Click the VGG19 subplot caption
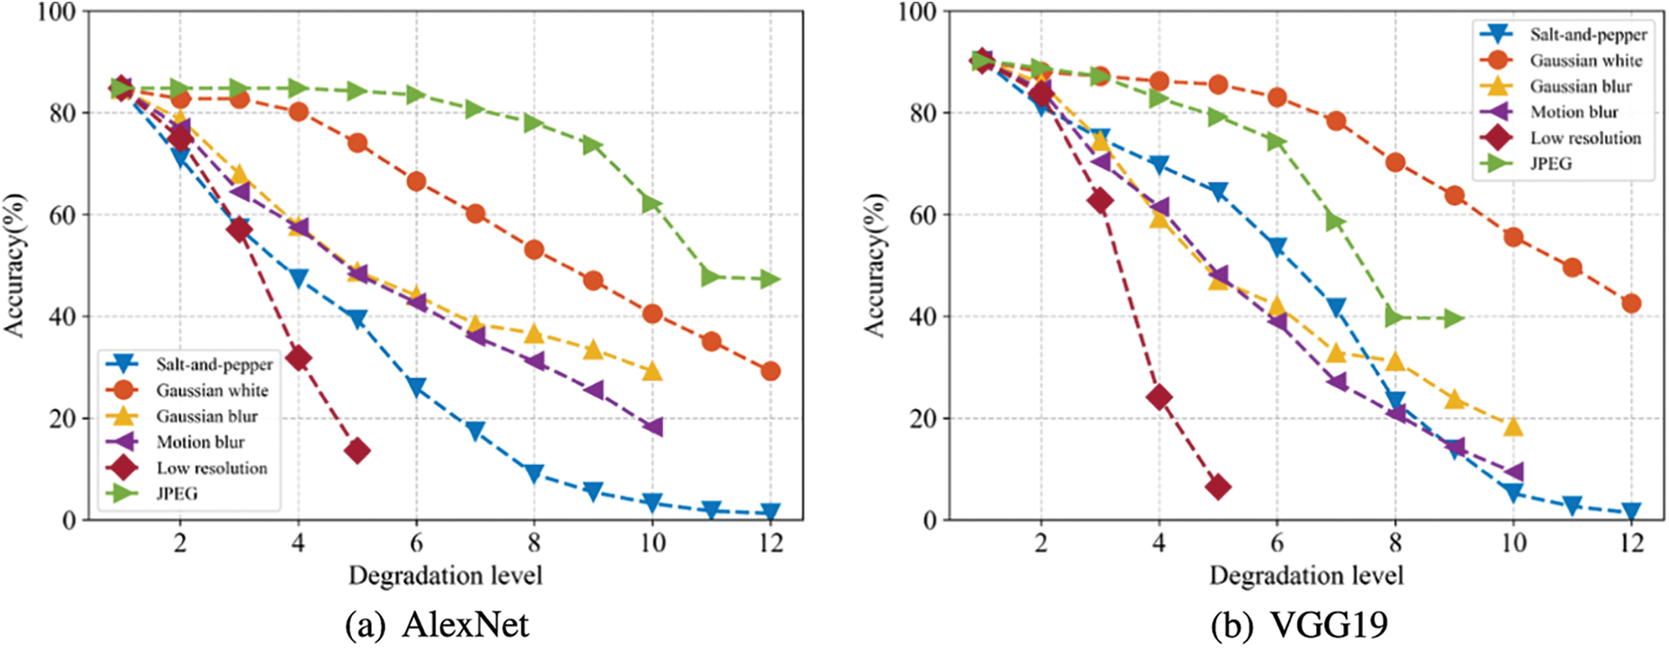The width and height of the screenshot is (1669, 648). (1298, 625)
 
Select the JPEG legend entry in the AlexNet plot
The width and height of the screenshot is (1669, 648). (177, 494)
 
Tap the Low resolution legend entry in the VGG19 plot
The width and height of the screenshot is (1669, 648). (1585, 138)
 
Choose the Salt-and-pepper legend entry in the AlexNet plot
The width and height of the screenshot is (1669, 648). (213, 364)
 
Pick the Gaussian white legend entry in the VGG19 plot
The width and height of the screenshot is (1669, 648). (1585, 61)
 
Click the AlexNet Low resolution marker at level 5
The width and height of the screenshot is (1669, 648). (357, 450)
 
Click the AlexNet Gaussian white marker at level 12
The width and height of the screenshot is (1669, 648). (770, 371)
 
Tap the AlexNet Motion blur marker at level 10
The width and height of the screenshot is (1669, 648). (652, 427)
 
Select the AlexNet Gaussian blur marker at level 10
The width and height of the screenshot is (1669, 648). (652, 371)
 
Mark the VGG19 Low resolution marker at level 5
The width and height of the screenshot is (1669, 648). (1218, 487)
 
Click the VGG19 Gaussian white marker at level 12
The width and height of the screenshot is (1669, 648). (1631, 304)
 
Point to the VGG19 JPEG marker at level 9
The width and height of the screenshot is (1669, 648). (1454, 318)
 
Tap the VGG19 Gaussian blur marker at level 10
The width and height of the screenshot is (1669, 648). (1513, 426)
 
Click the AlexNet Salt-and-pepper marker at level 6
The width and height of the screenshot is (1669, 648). (416, 387)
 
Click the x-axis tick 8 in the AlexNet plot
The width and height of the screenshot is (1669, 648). (534, 543)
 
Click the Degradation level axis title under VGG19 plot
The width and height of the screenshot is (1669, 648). (1306, 575)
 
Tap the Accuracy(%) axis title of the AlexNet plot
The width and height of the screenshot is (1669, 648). (14, 265)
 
